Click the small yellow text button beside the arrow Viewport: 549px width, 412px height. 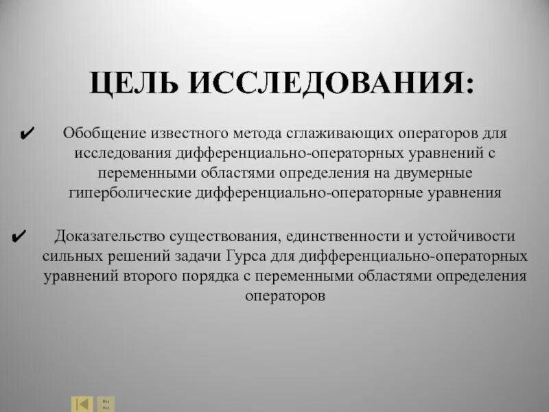[106, 403]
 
